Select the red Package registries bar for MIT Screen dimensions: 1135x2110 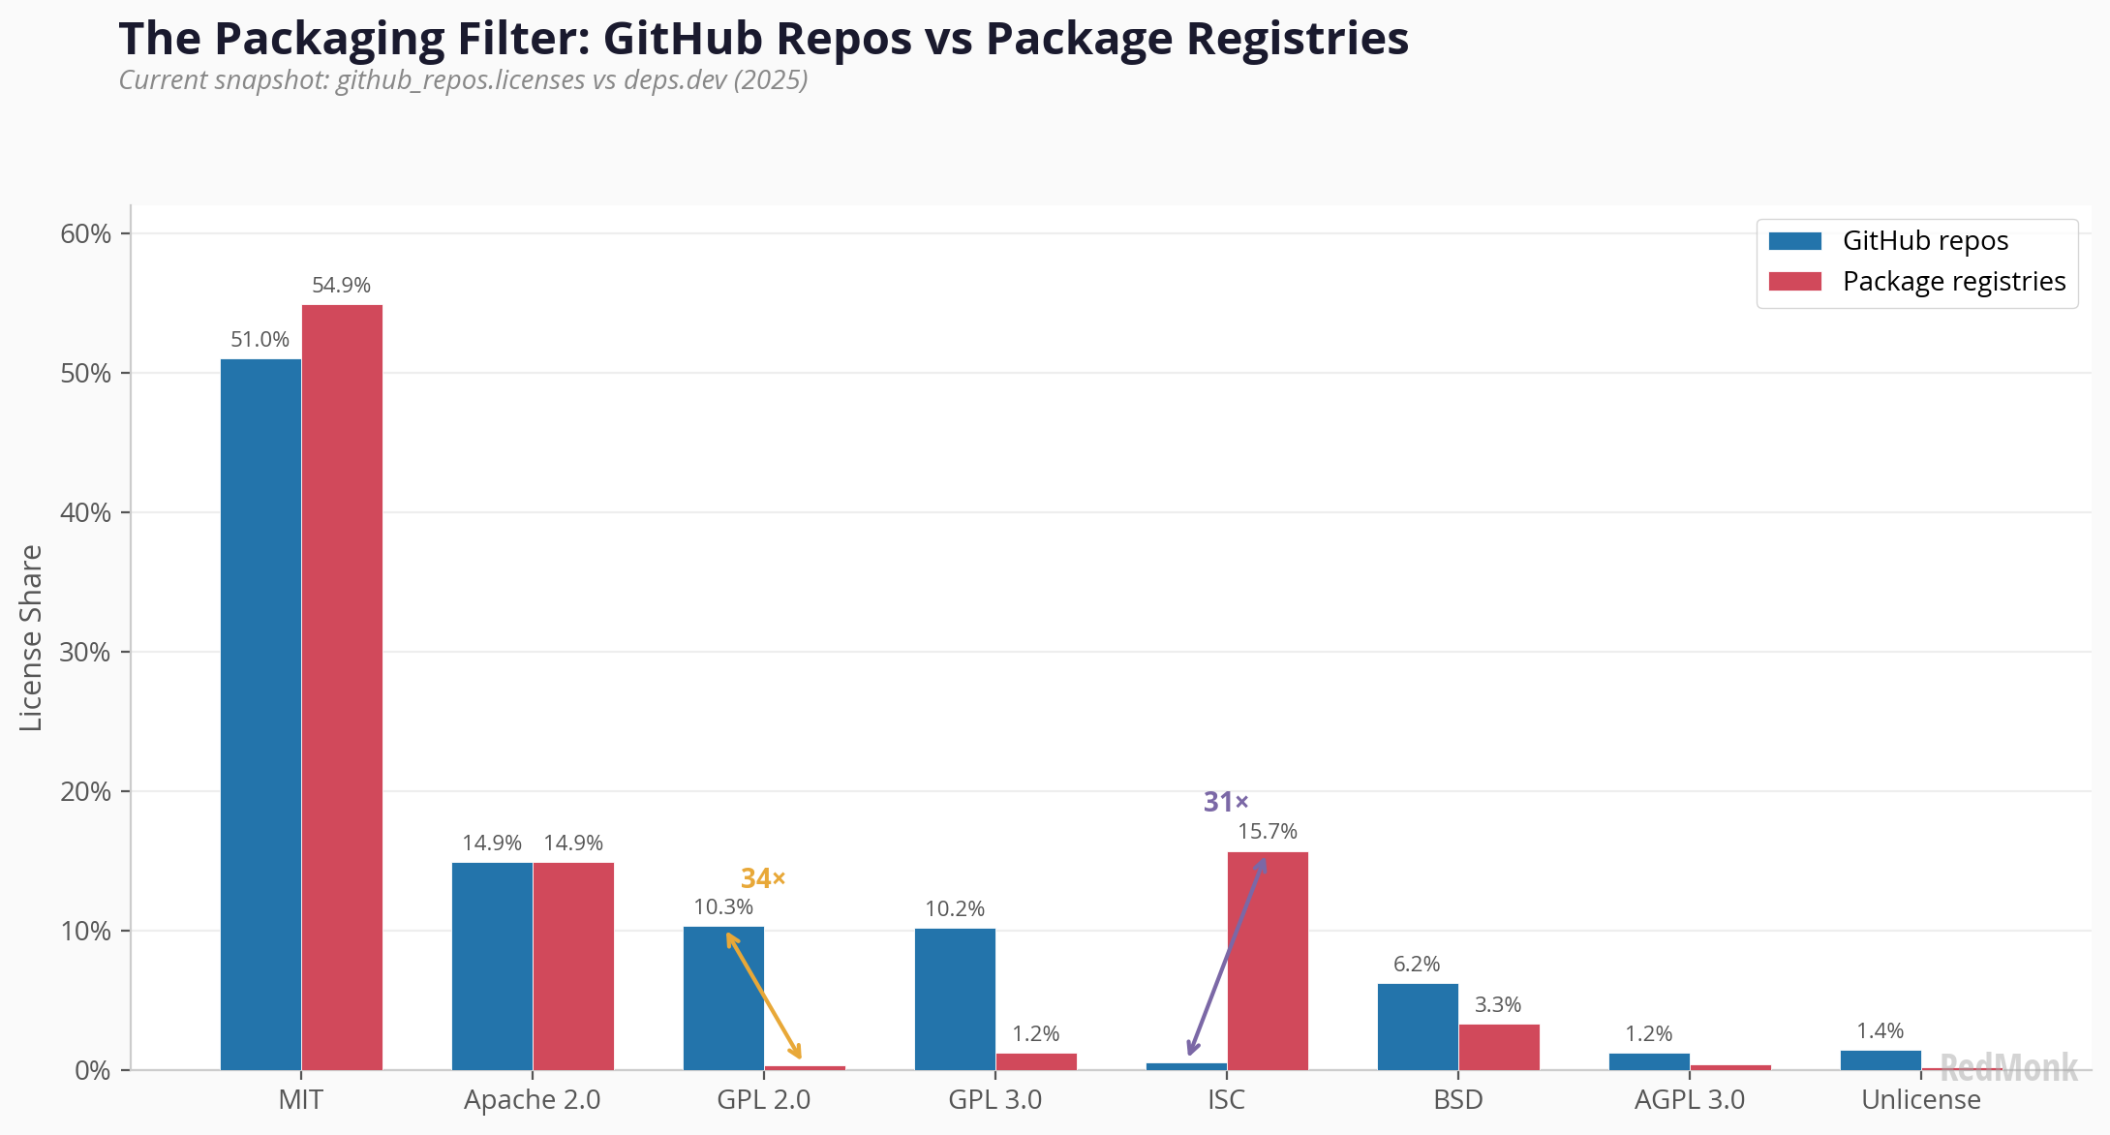click(x=342, y=687)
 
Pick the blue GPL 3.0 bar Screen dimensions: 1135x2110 click(x=955, y=998)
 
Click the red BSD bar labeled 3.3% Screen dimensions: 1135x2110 click(x=1499, y=1047)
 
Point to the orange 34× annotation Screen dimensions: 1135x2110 click(x=763, y=878)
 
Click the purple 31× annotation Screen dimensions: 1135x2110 click(x=1226, y=802)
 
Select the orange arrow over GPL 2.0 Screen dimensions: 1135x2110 click(x=763, y=995)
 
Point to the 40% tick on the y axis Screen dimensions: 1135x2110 click(x=85, y=512)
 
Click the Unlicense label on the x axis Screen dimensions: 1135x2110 click(x=1921, y=1100)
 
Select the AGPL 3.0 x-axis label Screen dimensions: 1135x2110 click(x=1690, y=1100)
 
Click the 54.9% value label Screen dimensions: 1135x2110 click(x=341, y=286)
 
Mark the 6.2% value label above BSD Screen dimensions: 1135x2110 click(x=1417, y=965)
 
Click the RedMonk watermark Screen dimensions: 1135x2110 click(x=2008, y=1067)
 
